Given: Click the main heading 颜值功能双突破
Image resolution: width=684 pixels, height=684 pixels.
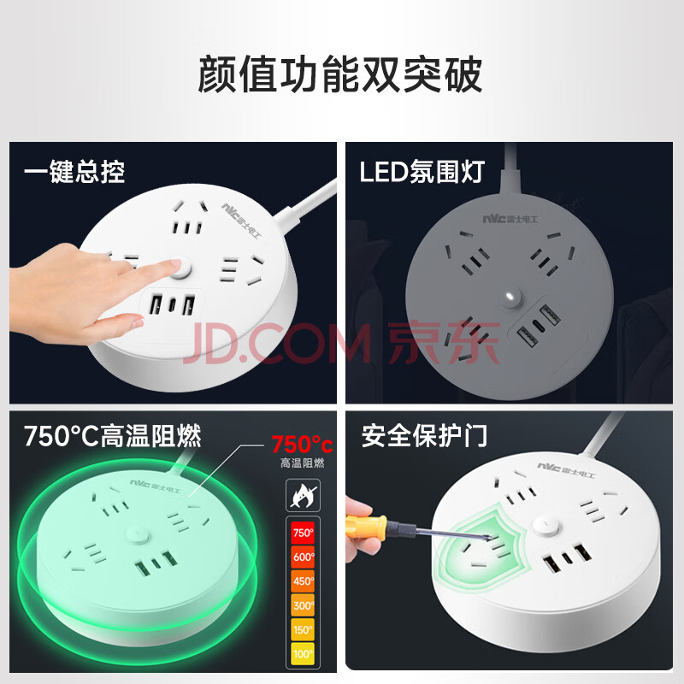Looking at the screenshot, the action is (x=340, y=74).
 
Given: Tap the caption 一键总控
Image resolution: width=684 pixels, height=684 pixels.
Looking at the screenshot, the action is (x=74, y=172).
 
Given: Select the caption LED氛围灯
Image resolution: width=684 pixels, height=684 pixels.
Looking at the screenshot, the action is (x=422, y=172).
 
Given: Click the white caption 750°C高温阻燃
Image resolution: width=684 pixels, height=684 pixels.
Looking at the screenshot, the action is (x=113, y=435).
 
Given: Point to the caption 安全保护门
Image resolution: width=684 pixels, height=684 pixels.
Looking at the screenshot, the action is (x=424, y=435).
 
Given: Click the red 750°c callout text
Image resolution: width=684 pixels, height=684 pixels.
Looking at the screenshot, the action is (x=302, y=445).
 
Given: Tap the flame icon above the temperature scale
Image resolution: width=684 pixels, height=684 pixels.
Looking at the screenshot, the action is (x=303, y=495).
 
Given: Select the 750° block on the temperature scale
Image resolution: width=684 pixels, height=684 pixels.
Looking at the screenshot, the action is (x=303, y=533).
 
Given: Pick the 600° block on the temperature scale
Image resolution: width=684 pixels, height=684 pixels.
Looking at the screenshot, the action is (x=303, y=557).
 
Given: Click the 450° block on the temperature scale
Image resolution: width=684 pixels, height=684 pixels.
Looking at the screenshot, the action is (x=303, y=581).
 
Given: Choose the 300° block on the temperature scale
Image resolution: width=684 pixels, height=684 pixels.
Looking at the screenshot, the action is (x=303, y=605).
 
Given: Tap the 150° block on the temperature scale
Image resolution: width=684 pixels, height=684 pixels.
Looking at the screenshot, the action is (x=303, y=629).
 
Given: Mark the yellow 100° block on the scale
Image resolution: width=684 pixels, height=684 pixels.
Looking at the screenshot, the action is (x=303, y=653).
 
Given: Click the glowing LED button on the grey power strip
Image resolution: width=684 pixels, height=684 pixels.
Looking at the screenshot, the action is (x=510, y=298).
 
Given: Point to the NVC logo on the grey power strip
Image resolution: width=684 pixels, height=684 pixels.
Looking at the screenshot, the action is (x=510, y=219).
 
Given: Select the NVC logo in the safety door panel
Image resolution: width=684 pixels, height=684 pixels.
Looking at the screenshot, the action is (x=566, y=469).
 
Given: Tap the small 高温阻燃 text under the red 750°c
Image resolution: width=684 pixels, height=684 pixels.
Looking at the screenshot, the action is (x=302, y=463).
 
